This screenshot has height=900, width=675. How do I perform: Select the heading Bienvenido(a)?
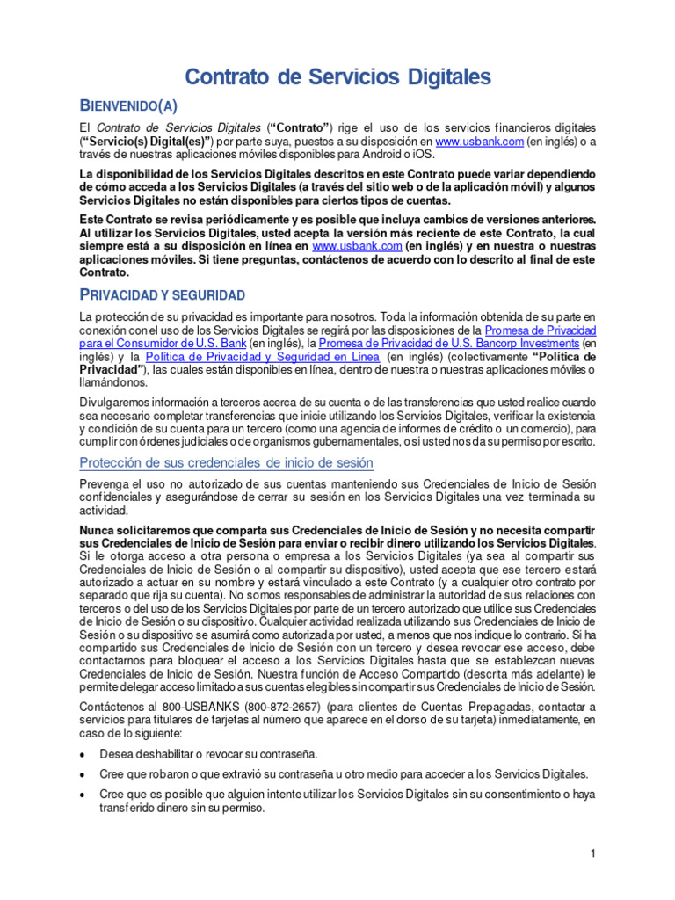128,106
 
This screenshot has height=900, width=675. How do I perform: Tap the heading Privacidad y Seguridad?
162,294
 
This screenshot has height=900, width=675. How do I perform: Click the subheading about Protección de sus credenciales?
226,462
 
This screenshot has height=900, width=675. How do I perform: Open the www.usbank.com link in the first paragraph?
480,141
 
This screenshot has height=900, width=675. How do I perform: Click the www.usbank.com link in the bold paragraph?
351,247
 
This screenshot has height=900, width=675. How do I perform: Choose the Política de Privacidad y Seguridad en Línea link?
262,357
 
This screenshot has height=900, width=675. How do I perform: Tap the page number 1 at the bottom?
593,854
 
